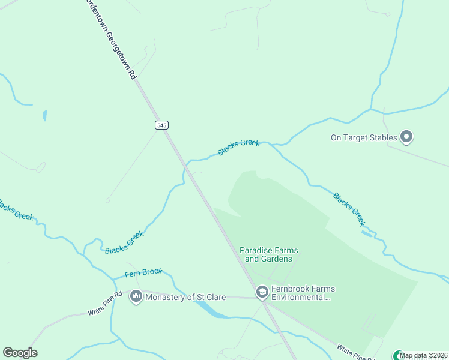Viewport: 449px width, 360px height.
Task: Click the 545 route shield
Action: click(x=161, y=125)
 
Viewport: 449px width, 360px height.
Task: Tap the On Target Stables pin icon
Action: click(x=406, y=137)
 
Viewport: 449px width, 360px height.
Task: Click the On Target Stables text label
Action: click(x=364, y=137)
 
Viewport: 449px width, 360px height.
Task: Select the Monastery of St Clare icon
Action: click(x=136, y=296)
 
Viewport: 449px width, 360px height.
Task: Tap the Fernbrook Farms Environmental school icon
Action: click(x=262, y=292)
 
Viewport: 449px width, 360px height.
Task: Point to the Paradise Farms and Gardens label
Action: click(x=269, y=254)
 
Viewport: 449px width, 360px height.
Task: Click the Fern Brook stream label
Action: click(x=143, y=273)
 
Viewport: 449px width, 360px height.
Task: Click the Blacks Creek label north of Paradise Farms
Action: click(x=239, y=147)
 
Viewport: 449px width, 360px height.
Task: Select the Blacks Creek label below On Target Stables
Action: click(x=349, y=209)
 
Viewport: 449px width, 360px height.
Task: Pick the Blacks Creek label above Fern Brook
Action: click(x=124, y=242)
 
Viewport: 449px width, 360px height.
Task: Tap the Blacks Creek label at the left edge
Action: click(x=16, y=211)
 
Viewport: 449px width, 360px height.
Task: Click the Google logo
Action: click(x=20, y=353)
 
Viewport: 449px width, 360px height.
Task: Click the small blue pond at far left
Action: click(x=44, y=115)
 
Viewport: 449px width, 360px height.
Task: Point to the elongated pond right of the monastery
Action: click(x=211, y=308)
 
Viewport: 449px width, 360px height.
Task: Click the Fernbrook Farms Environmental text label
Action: click(x=301, y=292)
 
